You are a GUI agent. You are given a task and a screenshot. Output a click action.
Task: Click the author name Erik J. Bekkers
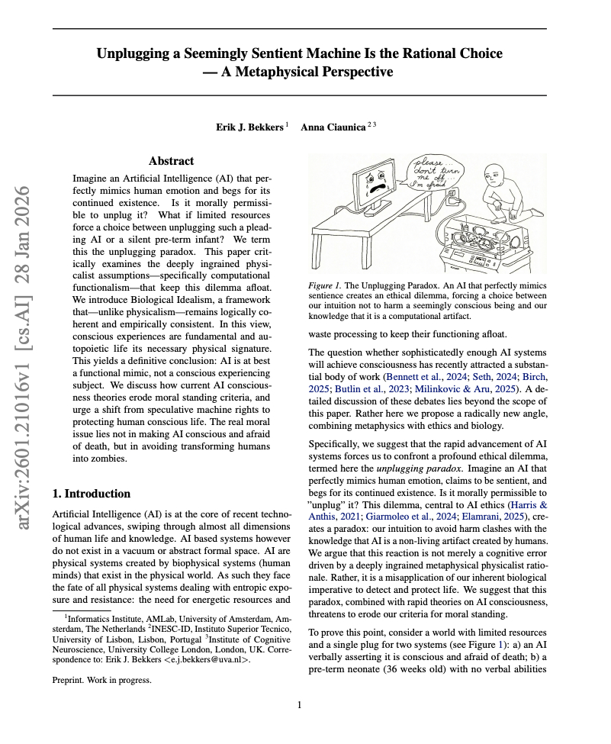point(249,127)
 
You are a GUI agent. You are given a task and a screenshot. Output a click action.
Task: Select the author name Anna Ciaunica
point(332,127)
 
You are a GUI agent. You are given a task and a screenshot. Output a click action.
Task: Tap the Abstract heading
point(171,161)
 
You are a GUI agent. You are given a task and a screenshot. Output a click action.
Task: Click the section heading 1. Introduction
point(92,494)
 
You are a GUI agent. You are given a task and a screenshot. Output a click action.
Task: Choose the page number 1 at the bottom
point(300,705)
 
